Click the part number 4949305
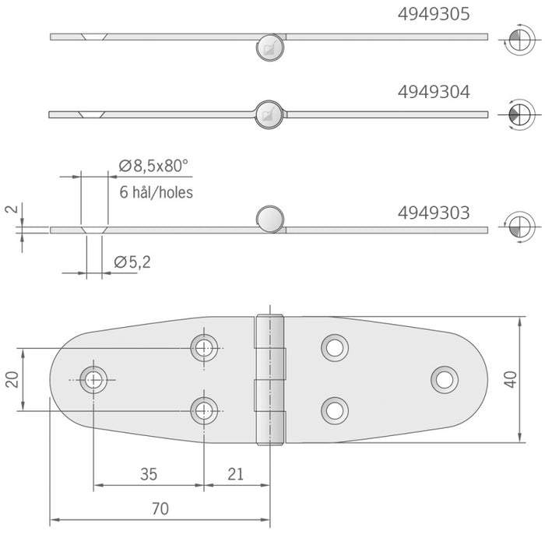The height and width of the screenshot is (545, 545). pos(434,14)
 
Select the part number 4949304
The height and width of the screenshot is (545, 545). pos(434,92)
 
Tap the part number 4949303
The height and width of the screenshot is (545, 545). pos(434,212)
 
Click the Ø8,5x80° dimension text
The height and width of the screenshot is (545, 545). pos(153,165)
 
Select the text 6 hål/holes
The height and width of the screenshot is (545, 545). pos(156,192)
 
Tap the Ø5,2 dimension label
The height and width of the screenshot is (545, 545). pos(132,262)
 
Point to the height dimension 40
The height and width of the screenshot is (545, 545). pos(532,380)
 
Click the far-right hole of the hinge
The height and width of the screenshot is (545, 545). pos(445,378)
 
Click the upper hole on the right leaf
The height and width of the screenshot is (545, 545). pos(335,347)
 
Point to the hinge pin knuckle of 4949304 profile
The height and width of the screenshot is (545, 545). pos(269,114)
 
